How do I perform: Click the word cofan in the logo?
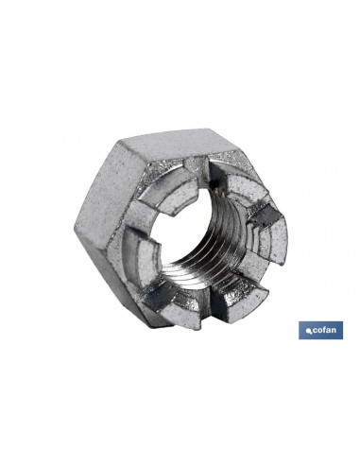pyautogui.click(x=324, y=330)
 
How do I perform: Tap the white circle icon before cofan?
pyautogui.click(x=309, y=331)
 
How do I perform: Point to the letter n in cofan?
pyautogui.click(x=334, y=331)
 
